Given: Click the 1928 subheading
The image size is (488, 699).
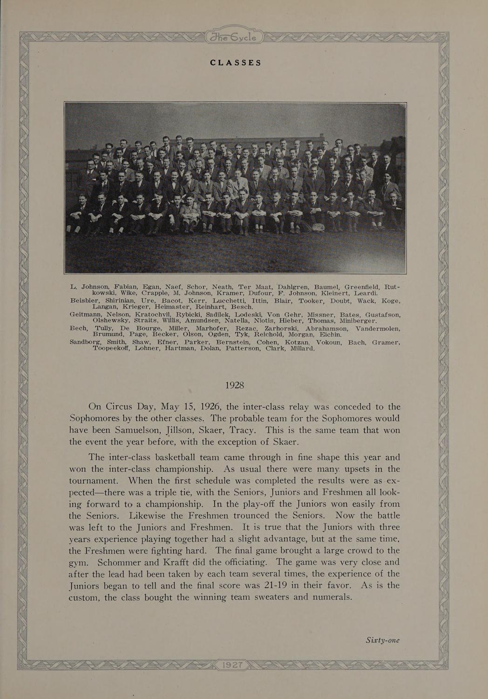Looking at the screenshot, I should coord(235,386).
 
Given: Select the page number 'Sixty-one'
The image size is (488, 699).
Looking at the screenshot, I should coord(382,640).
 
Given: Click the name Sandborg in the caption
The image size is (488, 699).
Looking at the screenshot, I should coord(86,343).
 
